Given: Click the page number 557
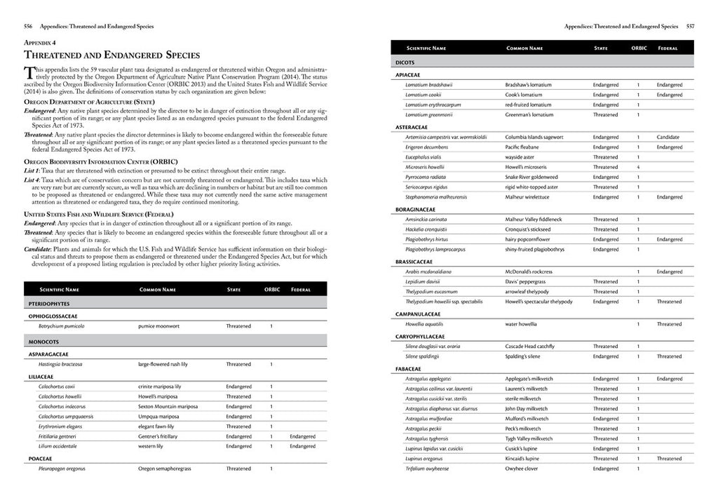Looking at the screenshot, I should [690, 27].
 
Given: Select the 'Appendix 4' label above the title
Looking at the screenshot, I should [41, 43].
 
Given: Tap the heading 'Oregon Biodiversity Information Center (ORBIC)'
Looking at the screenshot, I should [101, 162].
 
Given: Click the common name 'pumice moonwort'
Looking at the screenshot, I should [159, 326].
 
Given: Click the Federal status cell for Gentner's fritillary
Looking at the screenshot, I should [302, 436].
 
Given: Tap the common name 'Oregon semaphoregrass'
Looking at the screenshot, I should [165, 469].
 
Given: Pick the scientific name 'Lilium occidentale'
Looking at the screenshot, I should [57, 446].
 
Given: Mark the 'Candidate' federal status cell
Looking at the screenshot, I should [668, 137].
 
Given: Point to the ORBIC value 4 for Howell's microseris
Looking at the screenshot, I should [638, 167].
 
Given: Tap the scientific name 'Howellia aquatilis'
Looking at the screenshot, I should [424, 324].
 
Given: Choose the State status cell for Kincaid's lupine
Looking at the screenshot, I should [605, 459].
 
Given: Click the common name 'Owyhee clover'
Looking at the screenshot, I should [522, 469].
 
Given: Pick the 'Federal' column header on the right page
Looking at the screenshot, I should [668, 48].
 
